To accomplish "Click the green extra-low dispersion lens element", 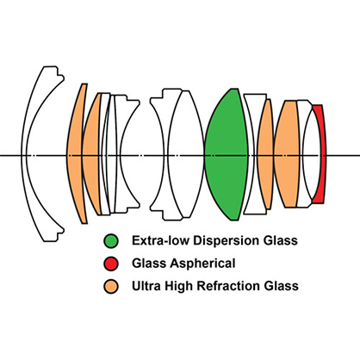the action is tap(227, 155).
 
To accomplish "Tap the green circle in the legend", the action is tap(111, 240).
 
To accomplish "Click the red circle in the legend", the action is tap(111, 264).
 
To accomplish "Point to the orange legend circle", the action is tap(111, 286).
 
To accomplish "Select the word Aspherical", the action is tap(202, 264).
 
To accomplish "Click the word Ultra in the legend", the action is tap(146, 286).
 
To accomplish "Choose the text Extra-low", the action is tap(160, 240).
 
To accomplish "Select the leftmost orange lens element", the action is tap(75, 155).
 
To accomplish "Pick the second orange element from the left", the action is tap(91, 155).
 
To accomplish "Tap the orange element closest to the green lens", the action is tap(265, 155).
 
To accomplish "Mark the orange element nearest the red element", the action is tap(287, 155).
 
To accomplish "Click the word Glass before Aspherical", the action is tap(149, 264).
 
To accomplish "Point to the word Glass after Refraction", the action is tap(282, 286).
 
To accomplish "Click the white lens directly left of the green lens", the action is tap(188, 155).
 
